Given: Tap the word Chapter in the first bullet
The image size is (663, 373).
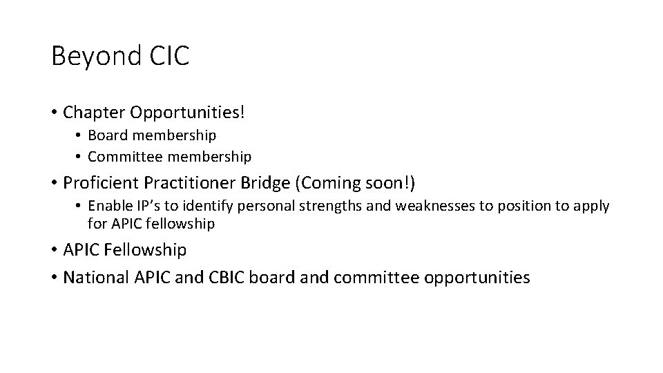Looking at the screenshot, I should point(90,111).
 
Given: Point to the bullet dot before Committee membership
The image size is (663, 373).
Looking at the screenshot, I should point(79,157).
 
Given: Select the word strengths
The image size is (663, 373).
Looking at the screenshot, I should point(323,207).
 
